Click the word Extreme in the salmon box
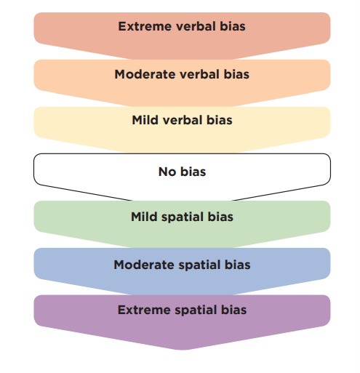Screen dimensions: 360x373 (x=145, y=26)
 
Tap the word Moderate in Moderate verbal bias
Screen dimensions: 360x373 (x=145, y=74)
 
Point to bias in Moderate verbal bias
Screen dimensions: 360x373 (x=236, y=74)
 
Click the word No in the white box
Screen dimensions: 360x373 (x=167, y=172)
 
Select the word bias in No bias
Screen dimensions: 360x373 (x=193, y=172)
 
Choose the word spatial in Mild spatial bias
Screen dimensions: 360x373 (x=183, y=217)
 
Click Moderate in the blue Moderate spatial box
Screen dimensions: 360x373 (x=144, y=265)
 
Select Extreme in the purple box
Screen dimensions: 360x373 (x=144, y=310)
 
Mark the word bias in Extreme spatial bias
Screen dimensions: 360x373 (x=233, y=310)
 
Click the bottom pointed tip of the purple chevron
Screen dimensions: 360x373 (x=182, y=350)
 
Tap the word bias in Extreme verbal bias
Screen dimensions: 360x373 (x=233, y=26)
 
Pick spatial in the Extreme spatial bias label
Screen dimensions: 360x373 (x=196, y=310)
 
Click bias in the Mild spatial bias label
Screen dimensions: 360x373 (x=220, y=217)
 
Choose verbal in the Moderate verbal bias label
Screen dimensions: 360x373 (x=199, y=74)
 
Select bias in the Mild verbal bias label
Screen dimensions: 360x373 (x=219, y=120)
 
